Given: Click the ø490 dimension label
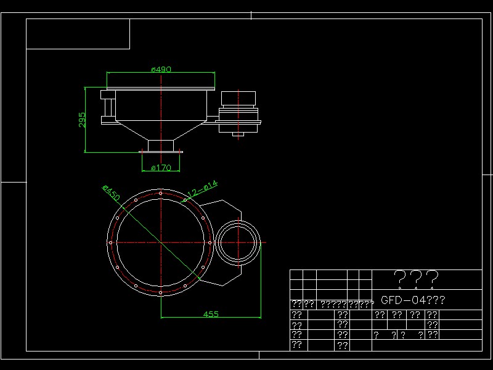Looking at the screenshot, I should pos(161,70).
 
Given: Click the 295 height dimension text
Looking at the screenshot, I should pos(82,120).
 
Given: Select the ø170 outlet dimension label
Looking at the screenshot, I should pos(160,167).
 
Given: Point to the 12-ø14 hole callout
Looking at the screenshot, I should pos(202,189).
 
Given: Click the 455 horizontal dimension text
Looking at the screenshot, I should pos(211,314).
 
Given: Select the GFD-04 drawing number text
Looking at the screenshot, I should pos(412,300).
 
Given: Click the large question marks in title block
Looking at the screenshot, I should pos(416,279).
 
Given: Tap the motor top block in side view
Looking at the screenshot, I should pos(238,98).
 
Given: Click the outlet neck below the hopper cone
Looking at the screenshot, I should pos(161,146).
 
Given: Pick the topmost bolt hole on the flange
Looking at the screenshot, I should pos(160,194).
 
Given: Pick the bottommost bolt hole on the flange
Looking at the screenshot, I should pos(160,292).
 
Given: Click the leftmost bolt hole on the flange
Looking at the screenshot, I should pos(111,243).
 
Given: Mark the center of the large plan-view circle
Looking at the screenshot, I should pos(160,243).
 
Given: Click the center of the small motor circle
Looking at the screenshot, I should pos(240,243).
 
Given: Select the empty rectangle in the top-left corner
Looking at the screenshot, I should pos(78,34).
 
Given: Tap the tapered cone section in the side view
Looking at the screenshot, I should pos(161,130).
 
